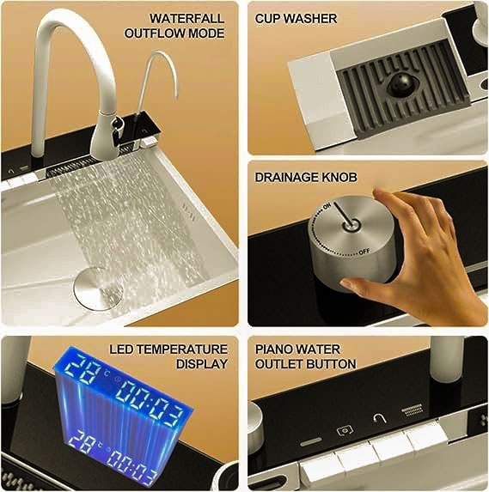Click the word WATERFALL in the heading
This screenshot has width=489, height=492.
click(186, 18)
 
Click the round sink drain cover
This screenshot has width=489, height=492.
click(98, 288)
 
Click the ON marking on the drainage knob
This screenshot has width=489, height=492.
click(327, 206)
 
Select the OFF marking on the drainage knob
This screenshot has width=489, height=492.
click(364, 252)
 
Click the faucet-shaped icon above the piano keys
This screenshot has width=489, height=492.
click(380, 418)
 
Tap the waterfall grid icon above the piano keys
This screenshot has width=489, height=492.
click(413, 410)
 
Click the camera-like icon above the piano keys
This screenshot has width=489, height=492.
click(345, 430)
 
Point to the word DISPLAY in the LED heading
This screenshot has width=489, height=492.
click(202, 364)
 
